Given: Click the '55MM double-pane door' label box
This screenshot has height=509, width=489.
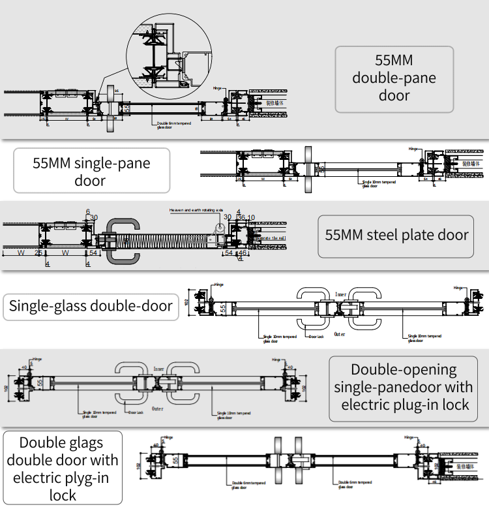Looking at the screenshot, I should coord(394,79).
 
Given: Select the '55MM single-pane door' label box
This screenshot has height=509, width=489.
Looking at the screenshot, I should coord(91,171).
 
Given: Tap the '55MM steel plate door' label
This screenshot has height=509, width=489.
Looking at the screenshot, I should coord(396,235).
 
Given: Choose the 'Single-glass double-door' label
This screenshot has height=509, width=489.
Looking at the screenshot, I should coord(91,306).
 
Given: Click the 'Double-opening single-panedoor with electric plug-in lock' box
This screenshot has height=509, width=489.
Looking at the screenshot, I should coord(403,387).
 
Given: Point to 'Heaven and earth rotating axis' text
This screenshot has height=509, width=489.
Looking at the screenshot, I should coord(195,210).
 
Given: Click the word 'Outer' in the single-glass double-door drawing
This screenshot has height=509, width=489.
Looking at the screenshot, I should coord(339,334).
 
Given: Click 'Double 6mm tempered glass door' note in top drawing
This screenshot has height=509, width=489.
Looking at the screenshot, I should coord(173,125).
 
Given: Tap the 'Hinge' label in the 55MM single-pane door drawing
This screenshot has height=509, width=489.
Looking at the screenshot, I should coord(412,149).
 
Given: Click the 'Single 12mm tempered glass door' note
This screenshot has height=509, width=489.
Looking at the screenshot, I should coord(230,415).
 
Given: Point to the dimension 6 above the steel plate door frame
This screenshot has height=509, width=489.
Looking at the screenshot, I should coord(87,211).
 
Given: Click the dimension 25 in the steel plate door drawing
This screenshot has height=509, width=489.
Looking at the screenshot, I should coord(38,252).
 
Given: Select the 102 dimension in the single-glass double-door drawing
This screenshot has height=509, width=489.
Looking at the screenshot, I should coord(187,302).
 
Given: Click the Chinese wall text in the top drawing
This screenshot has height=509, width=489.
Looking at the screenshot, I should coord(276,102).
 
